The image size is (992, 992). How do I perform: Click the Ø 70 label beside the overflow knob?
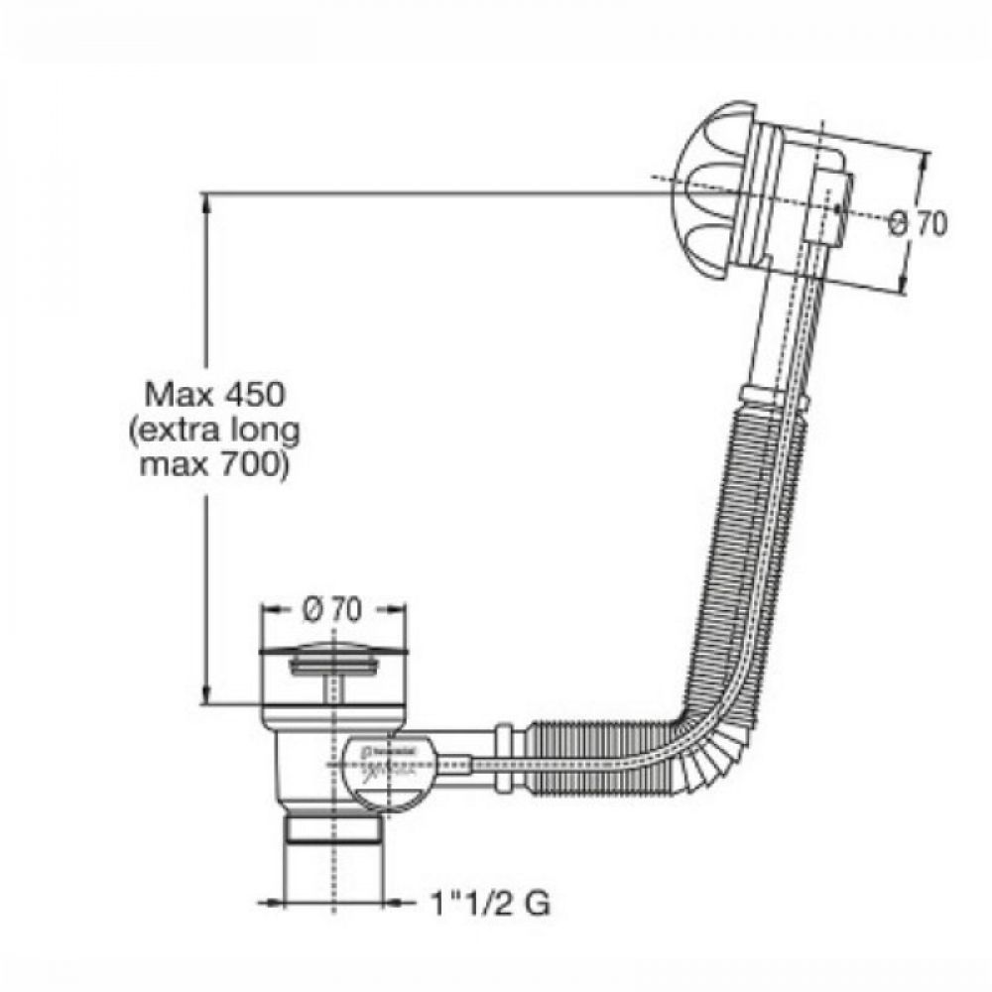click(x=919, y=224)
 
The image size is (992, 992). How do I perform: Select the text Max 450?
click(x=215, y=394)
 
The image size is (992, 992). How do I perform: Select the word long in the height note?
click(x=265, y=431)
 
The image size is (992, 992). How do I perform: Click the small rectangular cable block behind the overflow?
click(x=827, y=208)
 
